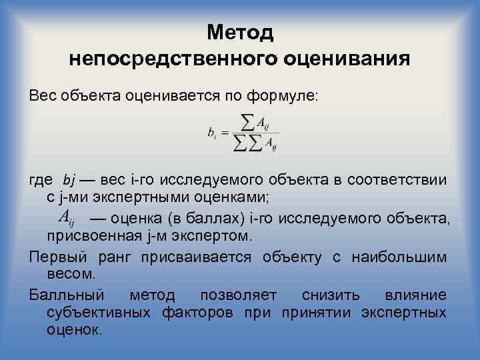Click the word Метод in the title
click(240, 32)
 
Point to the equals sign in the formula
click(223, 134)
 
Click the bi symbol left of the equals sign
click(211, 134)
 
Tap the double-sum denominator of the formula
click(256, 143)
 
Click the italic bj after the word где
click(70, 181)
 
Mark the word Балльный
click(67, 295)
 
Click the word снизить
click(331, 295)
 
